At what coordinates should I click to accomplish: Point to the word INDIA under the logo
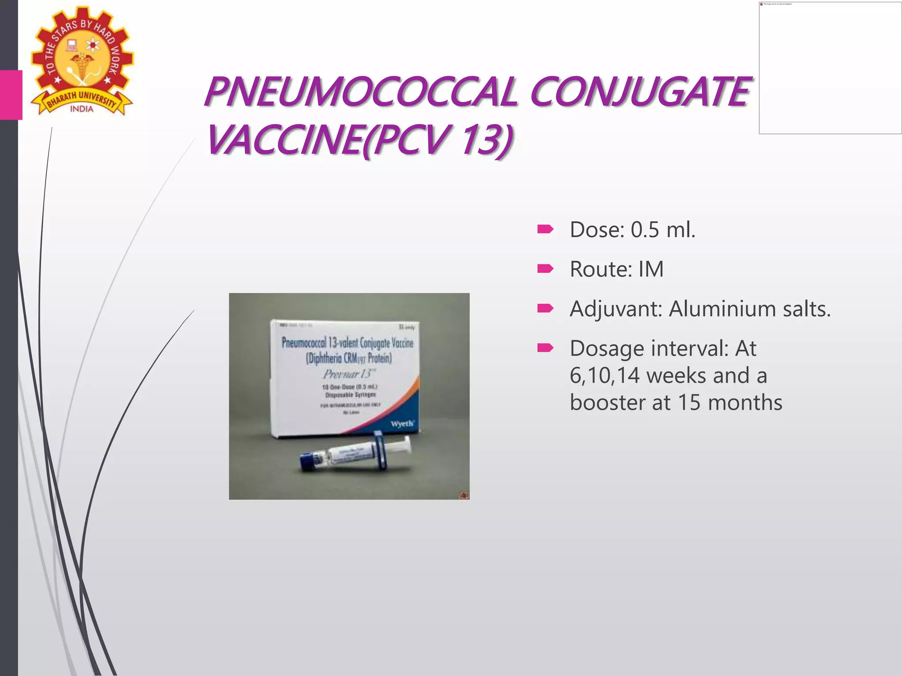[x=82, y=109]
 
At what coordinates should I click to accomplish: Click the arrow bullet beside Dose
[x=545, y=229]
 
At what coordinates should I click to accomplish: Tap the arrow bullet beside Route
[x=545, y=268]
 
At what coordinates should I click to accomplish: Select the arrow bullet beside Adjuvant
[x=545, y=308]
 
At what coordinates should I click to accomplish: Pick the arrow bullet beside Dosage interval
[x=545, y=349]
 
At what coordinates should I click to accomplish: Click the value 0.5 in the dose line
[x=645, y=230]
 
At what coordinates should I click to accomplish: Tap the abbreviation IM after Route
[x=651, y=269]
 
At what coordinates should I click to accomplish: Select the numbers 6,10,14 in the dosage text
[x=604, y=376]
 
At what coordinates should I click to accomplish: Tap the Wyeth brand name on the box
[x=402, y=423]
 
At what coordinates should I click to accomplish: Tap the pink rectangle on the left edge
[x=11, y=95]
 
